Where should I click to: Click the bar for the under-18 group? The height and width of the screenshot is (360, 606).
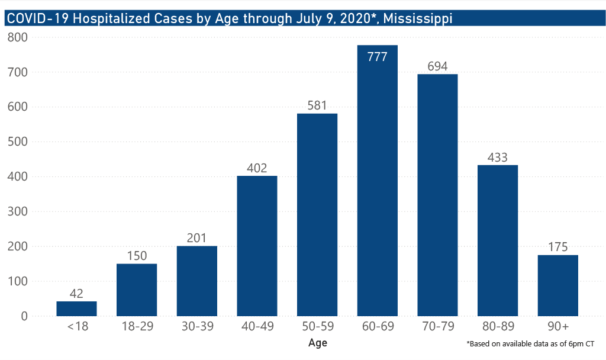point(76,308)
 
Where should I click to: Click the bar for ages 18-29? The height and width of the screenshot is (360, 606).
point(137,290)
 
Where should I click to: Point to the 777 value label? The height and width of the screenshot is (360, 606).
point(377,57)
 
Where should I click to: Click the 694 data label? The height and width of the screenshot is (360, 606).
point(437,66)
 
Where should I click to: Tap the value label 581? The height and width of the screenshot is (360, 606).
point(317,105)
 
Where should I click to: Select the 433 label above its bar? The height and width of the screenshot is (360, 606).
point(498,157)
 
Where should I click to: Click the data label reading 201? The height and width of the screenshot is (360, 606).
point(196,238)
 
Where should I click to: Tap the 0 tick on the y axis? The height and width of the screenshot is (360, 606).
point(24,316)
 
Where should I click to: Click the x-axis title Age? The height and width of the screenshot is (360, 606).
point(317,343)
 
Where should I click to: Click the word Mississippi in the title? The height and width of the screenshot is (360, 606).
point(418,18)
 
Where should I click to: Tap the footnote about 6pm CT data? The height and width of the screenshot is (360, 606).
point(530,343)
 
